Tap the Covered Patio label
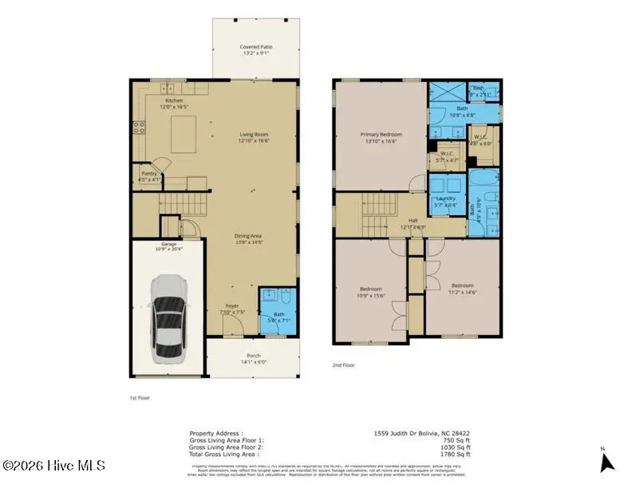coord(256,47)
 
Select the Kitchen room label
coord(174,100)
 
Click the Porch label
coord(253,356)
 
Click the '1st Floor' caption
coord(139,397)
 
